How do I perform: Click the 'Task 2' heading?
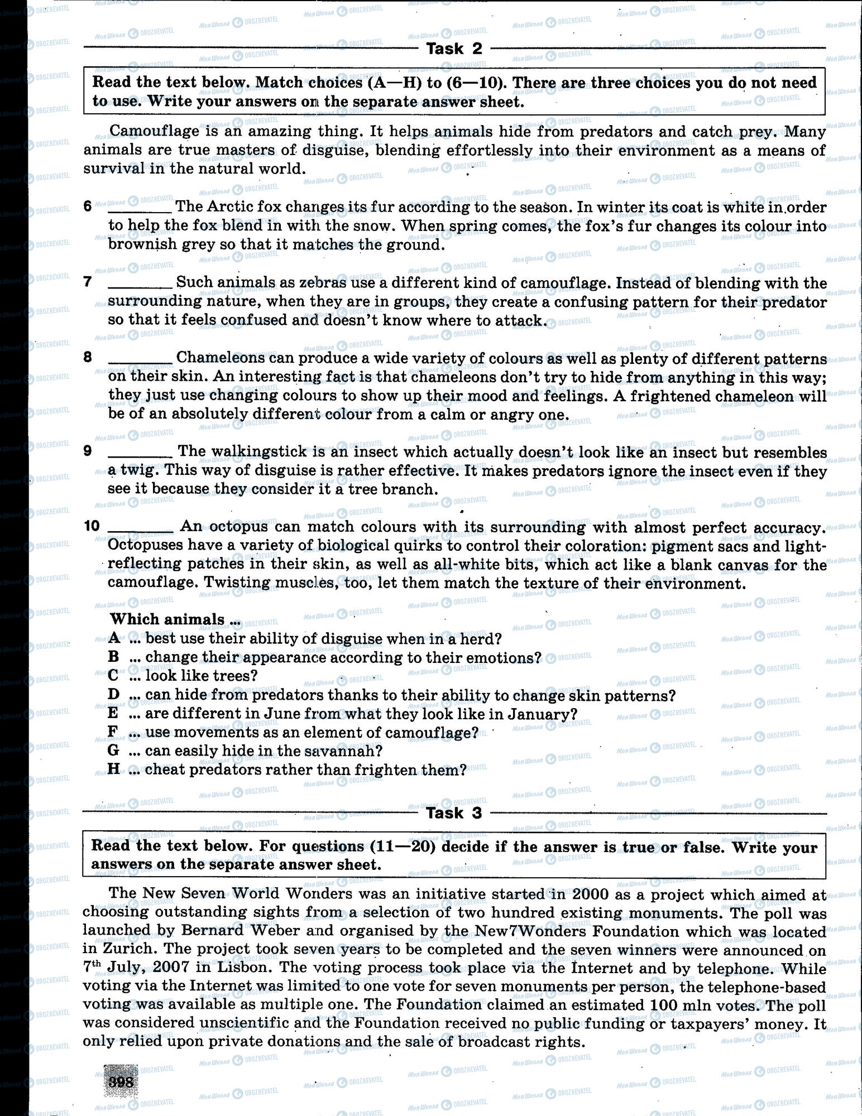coord(454,49)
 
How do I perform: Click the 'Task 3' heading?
coord(453,813)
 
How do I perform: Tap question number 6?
coord(88,206)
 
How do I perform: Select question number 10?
coord(92,526)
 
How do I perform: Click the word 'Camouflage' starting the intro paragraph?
coord(146,131)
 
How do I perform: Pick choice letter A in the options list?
coord(114,638)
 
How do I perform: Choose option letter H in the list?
coord(114,769)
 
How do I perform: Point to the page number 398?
coord(121,1082)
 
